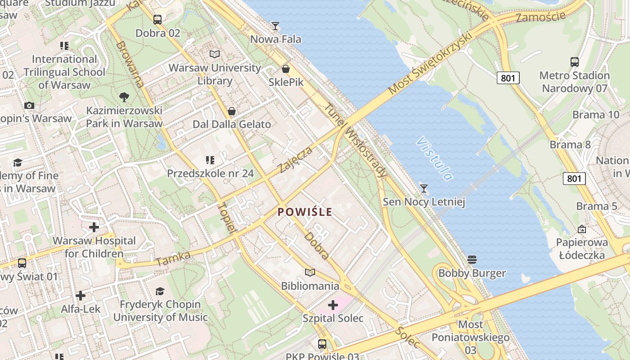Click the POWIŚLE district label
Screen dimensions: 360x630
click(x=305, y=212)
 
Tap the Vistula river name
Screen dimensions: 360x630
click(x=434, y=158)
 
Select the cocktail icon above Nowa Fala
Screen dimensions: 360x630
click(x=275, y=26)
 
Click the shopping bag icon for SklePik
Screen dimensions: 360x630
click(x=285, y=69)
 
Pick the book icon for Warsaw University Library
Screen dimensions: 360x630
click(x=215, y=54)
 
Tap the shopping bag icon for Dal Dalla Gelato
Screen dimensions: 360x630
click(x=232, y=111)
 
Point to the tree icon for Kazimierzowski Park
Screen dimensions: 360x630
click(x=124, y=97)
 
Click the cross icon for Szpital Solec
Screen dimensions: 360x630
click(x=333, y=306)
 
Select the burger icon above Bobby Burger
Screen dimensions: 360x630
click(x=472, y=260)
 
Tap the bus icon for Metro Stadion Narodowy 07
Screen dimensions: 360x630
click(x=575, y=62)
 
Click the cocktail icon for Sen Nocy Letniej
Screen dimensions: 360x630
click(x=423, y=188)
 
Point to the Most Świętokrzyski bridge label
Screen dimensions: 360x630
click(x=431, y=63)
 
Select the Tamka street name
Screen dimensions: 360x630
click(x=173, y=258)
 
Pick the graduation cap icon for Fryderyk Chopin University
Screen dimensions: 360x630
click(x=160, y=291)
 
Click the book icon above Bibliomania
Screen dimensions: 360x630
click(x=310, y=272)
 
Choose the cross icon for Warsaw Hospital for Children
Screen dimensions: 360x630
click(x=94, y=227)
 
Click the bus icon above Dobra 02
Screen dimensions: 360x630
click(x=157, y=20)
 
